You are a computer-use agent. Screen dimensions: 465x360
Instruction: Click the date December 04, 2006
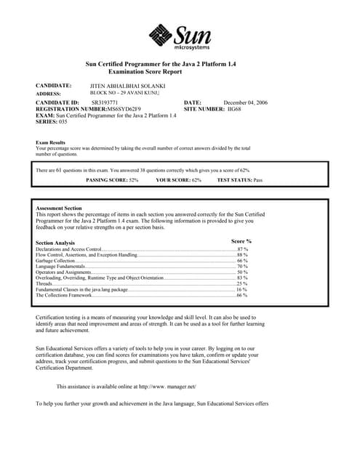click(245, 103)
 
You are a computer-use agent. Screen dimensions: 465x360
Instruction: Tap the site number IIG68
click(234, 109)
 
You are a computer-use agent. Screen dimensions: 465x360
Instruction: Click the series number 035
click(63, 121)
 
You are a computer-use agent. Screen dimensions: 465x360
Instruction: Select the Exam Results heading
click(51, 142)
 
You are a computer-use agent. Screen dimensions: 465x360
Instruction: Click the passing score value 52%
click(130, 179)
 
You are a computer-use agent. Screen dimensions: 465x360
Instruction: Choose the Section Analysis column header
click(55, 243)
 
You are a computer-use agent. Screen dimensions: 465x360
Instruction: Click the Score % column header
click(241, 240)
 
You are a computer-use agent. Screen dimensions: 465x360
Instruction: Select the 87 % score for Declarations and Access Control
click(242, 249)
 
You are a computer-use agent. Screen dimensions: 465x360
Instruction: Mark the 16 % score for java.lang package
click(242, 290)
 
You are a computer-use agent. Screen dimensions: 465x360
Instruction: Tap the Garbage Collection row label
click(55, 261)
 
